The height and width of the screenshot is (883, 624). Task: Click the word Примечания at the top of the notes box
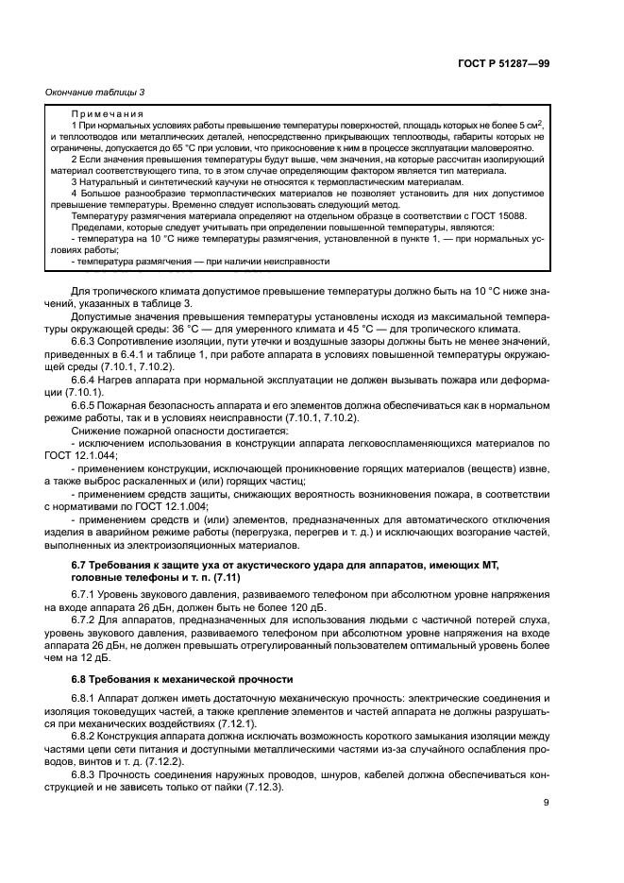(101, 112)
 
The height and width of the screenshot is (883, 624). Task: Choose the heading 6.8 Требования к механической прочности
(182, 679)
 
